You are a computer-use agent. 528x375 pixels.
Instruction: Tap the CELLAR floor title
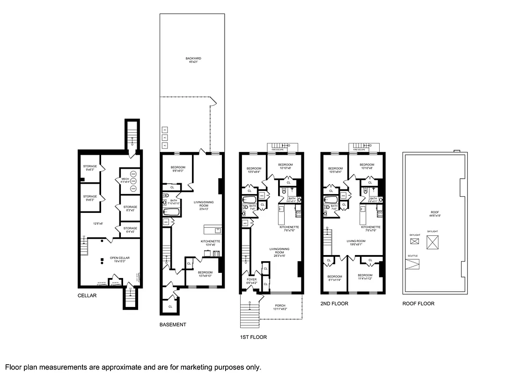click(87, 296)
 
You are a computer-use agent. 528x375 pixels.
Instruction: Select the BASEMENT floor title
click(173, 324)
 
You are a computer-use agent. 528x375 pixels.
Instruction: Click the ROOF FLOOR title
click(418, 304)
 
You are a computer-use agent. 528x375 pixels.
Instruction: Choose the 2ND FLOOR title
click(334, 304)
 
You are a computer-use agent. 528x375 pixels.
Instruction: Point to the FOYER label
click(251, 281)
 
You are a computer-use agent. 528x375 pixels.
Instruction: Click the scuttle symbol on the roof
click(412, 264)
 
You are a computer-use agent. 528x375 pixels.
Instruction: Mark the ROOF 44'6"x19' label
click(435, 214)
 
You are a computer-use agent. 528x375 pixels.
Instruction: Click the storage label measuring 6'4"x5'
click(130, 230)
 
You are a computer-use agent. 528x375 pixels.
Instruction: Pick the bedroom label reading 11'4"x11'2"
click(365, 277)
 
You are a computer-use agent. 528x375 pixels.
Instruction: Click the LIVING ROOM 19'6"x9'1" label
click(355, 243)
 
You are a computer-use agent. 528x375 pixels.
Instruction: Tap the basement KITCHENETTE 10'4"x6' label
click(210, 243)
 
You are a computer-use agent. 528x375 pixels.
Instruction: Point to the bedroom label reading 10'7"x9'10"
click(205, 274)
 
